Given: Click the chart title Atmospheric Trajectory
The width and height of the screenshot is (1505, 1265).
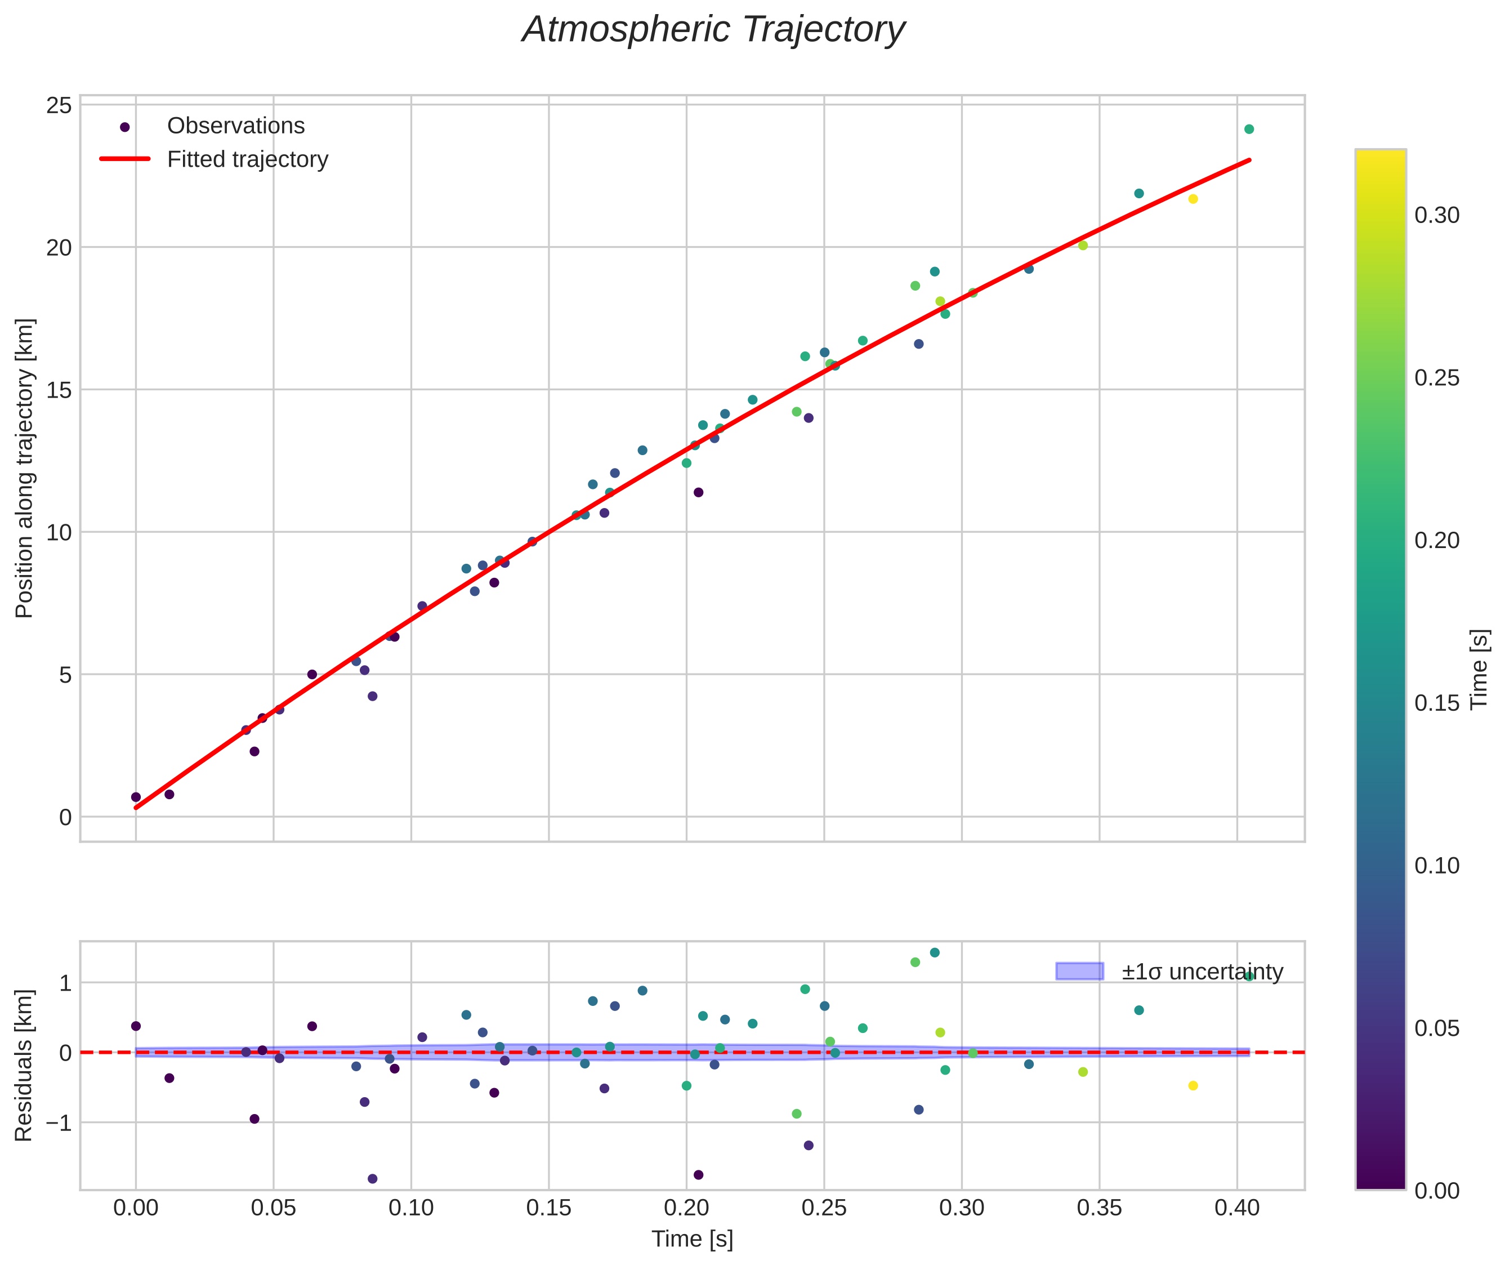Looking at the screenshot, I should point(713,30).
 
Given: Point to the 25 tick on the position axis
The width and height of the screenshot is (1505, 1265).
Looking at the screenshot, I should point(59,106).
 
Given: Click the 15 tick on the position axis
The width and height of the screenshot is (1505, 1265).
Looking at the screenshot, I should point(59,391).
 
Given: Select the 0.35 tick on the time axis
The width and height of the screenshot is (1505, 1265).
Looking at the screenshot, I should point(1098,1208).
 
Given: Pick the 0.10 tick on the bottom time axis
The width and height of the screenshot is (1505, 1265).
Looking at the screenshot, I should point(411,1208).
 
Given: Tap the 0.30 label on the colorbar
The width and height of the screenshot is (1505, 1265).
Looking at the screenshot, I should point(1437,216).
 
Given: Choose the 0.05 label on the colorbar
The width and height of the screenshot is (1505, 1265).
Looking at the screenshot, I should point(1437,1029).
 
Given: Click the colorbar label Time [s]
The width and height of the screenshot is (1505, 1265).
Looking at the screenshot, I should point(1479,669).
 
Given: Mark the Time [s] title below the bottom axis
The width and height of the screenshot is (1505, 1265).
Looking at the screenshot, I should point(692,1239).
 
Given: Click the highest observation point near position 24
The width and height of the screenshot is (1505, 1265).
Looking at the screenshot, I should point(1249,130).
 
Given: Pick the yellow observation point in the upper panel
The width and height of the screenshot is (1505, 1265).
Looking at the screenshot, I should point(1193,199).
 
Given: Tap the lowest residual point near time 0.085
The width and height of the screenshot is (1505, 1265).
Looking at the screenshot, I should point(372,1178).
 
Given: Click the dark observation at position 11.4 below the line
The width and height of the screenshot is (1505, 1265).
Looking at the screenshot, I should point(698,493).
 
